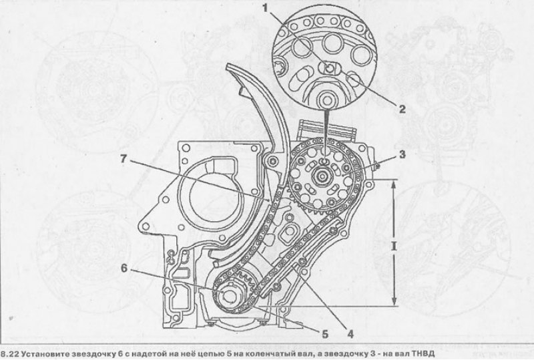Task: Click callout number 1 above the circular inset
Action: [x=265, y=7]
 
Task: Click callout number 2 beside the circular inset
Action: [x=403, y=109]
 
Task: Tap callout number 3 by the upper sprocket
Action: [x=403, y=154]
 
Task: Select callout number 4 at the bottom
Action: [x=350, y=334]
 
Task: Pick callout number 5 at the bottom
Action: [x=325, y=334]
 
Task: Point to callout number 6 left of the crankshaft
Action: [x=124, y=268]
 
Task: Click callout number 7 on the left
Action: [x=123, y=159]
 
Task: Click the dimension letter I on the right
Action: [x=394, y=246]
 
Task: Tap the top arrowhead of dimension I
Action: [x=394, y=184]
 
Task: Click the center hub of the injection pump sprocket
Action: [x=322, y=176]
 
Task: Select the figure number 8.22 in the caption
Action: [x=9, y=354]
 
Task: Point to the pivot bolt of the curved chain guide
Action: [x=272, y=160]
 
